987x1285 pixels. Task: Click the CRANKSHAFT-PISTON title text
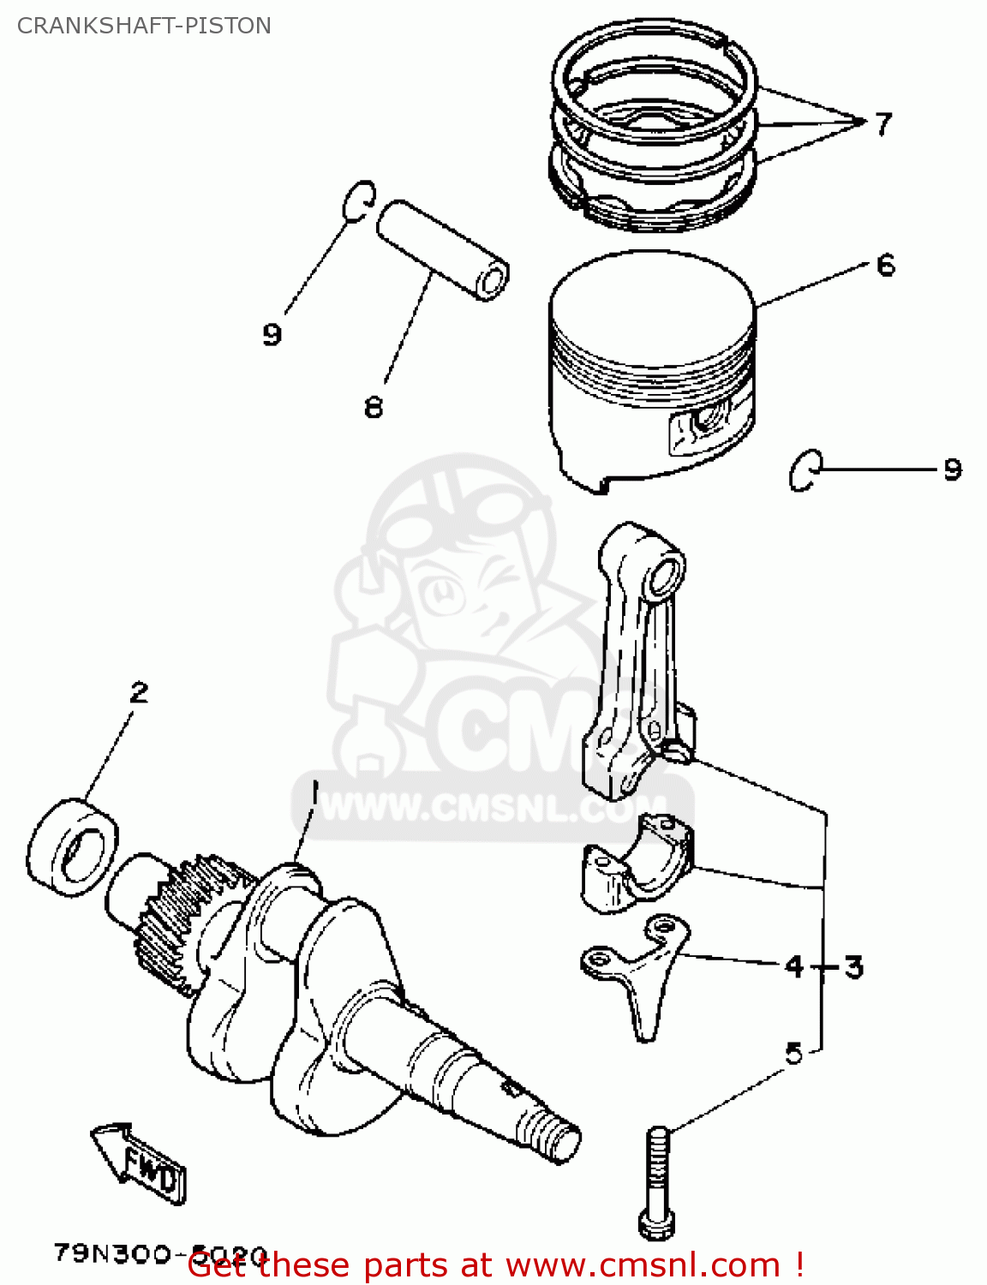(x=144, y=26)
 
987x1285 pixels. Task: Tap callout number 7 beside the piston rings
(x=883, y=124)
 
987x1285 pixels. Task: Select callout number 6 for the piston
(x=886, y=265)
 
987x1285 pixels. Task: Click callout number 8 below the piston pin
(x=373, y=406)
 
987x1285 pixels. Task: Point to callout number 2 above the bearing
(x=139, y=691)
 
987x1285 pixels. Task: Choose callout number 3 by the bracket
(x=853, y=967)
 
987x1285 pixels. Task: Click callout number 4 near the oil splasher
(x=794, y=967)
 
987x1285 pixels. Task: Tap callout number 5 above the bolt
(x=794, y=1053)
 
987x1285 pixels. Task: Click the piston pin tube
(x=442, y=248)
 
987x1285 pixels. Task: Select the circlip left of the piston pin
(x=357, y=201)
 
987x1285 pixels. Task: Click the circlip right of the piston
(x=805, y=470)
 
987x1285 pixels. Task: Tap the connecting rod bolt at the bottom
(x=655, y=1182)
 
